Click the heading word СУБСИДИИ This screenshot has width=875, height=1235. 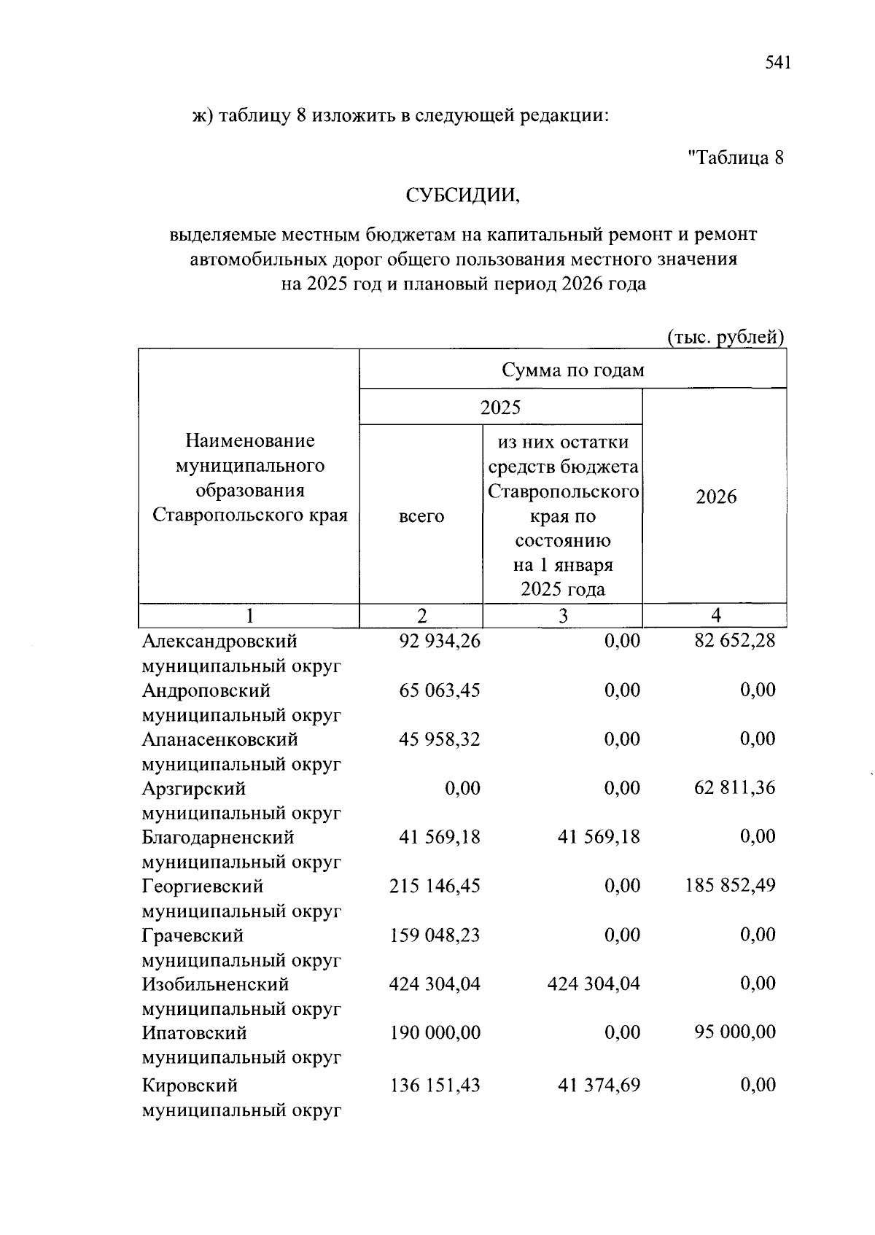(463, 195)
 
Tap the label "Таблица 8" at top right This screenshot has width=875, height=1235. (736, 157)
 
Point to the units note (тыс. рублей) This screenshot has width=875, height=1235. (726, 338)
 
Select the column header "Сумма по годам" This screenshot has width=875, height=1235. (572, 370)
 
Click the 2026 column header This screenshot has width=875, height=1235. (715, 497)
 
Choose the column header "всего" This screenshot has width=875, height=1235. (421, 516)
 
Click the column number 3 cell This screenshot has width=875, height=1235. (562, 616)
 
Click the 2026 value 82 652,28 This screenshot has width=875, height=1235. (735, 642)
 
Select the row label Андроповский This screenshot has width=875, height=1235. (206, 690)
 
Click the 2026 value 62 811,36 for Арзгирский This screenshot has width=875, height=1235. (735, 788)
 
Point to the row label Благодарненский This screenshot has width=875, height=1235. (218, 838)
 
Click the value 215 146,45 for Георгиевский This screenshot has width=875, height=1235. (435, 887)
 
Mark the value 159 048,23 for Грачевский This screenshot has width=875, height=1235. (435, 935)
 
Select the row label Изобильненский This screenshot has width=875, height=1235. (215, 984)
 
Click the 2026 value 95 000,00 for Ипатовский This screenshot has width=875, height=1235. (735, 1032)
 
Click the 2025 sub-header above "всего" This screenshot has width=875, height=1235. (500, 407)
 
